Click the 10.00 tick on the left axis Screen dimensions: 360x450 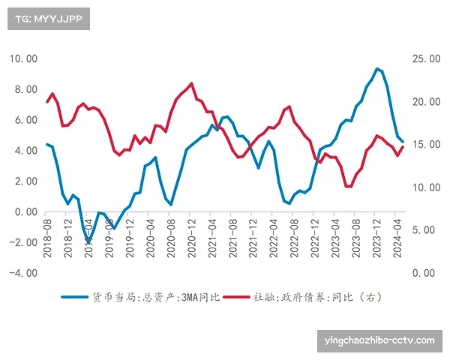(x=22, y=58)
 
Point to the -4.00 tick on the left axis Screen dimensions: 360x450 (x=22, y=273)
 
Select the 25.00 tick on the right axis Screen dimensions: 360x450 (x=424, y=58)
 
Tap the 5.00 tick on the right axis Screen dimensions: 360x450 (x=424, y=230)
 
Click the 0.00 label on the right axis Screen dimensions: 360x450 (x=424, y=273)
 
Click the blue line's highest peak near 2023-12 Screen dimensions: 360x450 (x=376, y=69)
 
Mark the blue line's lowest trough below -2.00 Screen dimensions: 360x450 (x=88, y=241)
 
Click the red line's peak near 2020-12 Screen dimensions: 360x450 (x=191, y=83)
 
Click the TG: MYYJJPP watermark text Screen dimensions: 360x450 (x=48, y=19)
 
